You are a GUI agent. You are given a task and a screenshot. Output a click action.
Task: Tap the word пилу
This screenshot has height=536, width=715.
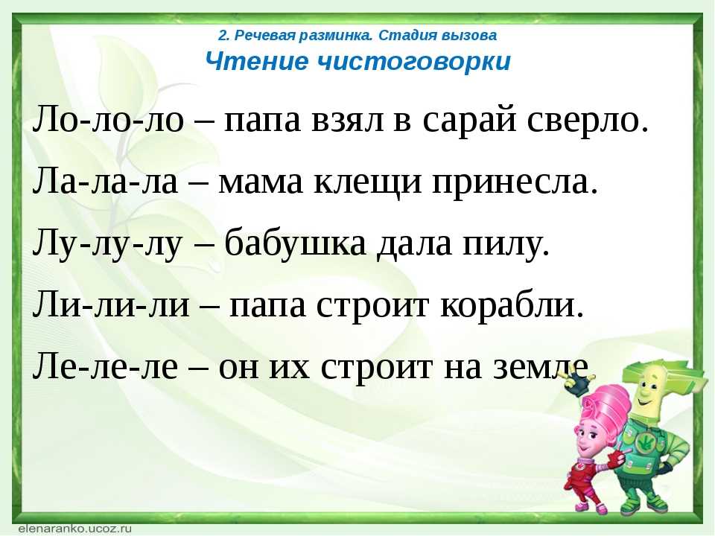506,245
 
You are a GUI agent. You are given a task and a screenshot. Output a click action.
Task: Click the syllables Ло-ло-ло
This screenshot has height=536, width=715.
108,120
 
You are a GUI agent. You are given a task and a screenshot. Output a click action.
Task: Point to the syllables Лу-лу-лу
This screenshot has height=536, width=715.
107,244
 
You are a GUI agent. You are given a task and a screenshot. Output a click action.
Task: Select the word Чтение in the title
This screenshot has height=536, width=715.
257,61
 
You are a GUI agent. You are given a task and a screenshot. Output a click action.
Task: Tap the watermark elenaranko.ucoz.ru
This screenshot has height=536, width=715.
74,529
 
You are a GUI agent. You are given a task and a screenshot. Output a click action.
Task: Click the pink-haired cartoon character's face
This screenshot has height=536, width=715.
588,437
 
